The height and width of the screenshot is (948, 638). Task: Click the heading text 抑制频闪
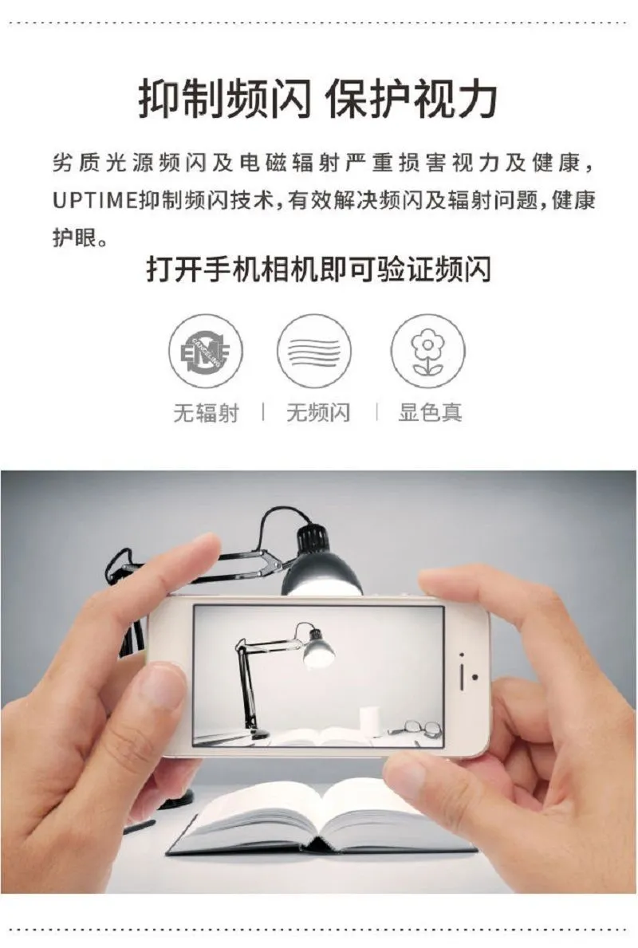pos(224,99)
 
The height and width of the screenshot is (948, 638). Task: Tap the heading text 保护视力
pos(412,99)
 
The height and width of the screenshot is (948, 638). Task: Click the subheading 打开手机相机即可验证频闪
pos(318,269)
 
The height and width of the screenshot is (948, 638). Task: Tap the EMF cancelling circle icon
pos(206,351)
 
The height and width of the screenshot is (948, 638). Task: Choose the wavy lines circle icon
pos(314,351)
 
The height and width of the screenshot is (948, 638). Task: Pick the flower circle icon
pos(427,351)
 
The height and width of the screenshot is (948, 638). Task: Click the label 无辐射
pos(206,413)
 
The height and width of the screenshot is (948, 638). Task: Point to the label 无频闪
pos(318,413)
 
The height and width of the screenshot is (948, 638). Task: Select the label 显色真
pos(430,412)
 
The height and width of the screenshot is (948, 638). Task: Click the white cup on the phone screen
pos(370,722)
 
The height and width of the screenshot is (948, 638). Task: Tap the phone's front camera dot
pos(475,677)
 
